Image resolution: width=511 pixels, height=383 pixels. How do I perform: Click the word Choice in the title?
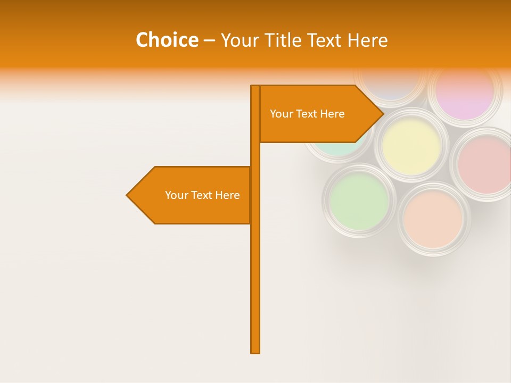[x=167, y=40]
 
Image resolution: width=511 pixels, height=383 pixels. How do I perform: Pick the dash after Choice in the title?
[x=209, y=40]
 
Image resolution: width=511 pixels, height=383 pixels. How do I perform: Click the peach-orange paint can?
[x=433, y=219]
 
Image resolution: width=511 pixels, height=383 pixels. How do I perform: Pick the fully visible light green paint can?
[x=359, y=201]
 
